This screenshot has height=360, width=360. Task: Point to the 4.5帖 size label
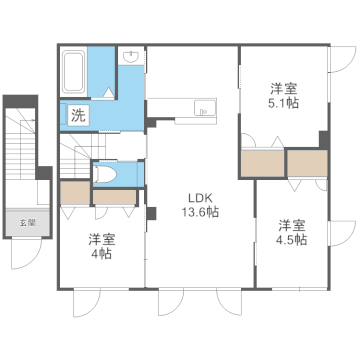(x=293, y=240)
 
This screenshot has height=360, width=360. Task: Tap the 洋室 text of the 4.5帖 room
(x=293, y=224)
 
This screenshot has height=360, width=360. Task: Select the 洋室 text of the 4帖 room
(x=100, y=239)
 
